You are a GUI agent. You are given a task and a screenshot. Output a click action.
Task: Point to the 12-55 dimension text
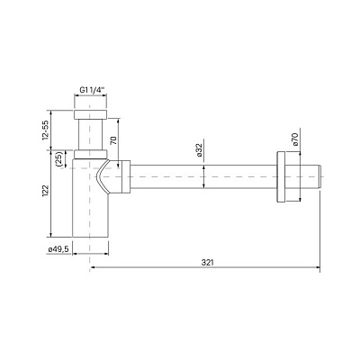[x=44, y=131]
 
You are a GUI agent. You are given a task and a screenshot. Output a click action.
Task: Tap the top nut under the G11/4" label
[x=91, y=115]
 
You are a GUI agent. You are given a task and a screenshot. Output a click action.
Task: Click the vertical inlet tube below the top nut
[x=91, y=137]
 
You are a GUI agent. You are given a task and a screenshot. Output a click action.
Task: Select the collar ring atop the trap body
[x=91, y=159]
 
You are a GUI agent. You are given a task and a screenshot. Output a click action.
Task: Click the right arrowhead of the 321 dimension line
[x=319, y=268]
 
